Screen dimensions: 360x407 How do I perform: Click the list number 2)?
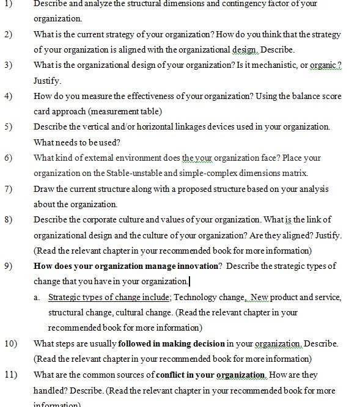coord(7,34)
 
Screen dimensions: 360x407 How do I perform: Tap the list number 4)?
coord(7,97)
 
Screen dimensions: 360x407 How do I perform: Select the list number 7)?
coord(7,189)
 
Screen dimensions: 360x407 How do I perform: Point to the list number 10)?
coord(10,343)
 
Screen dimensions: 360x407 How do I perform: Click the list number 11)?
coord(10,375)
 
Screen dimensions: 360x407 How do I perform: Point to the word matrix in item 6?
coord(295,174)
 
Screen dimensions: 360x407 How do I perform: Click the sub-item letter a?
coord(37,298)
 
